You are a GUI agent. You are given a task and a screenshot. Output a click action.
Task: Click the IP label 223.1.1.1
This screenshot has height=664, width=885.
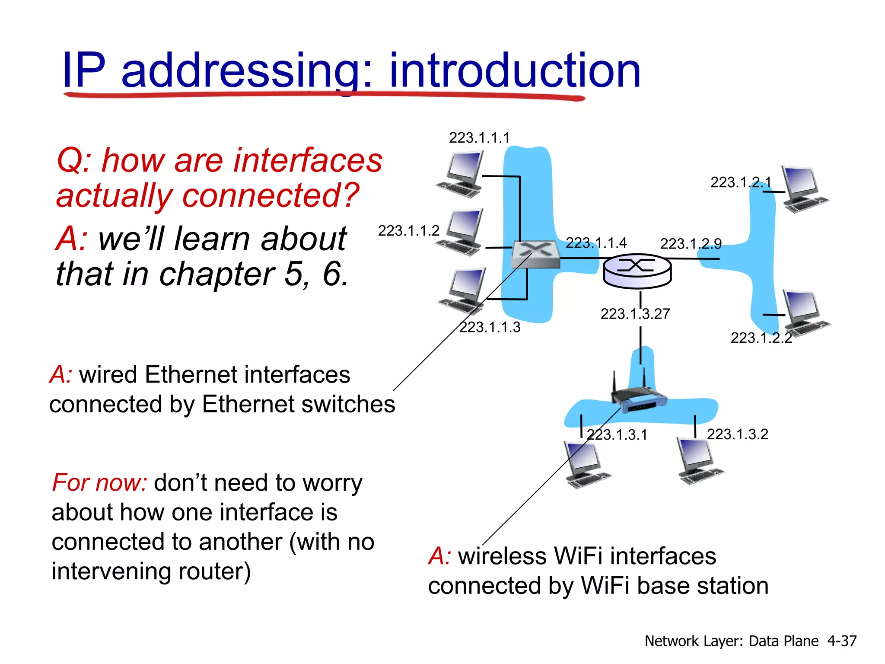(479, 138)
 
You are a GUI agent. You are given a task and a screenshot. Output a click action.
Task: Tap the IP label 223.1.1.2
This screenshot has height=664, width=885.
(408, 231)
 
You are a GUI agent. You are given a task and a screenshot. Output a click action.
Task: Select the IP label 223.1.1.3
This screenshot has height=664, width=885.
(490, 327)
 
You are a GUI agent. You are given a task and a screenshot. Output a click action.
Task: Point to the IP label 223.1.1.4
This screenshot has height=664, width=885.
(596, 243)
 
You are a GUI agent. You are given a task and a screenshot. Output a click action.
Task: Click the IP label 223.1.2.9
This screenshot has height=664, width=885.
(691, 244)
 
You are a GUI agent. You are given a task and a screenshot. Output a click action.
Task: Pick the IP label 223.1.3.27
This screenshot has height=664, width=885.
(635, 314)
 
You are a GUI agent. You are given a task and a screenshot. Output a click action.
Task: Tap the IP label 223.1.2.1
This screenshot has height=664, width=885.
(741, 182)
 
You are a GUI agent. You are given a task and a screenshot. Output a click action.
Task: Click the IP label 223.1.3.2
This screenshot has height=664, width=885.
(737, 434)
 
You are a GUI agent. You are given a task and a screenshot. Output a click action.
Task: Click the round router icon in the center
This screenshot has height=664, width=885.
(637, 271)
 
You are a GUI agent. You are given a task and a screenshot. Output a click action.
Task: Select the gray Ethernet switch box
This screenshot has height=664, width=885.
(535, 255)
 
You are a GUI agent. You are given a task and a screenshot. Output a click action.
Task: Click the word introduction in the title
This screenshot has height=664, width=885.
(514, 70)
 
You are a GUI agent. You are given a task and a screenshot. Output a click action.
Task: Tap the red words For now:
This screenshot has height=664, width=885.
(100, 482)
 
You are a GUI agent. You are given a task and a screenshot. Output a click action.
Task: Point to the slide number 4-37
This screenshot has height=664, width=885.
(842, 641)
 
